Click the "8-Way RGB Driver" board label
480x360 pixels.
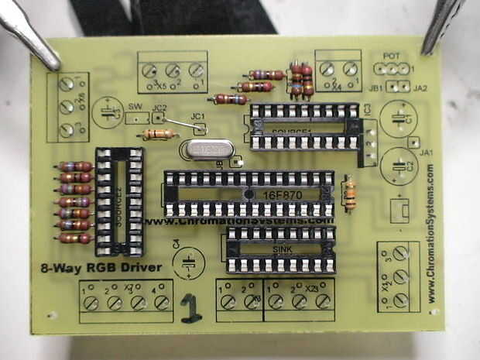point(101,268)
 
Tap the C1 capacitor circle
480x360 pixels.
point(401,118)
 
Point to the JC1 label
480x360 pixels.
point(197,115)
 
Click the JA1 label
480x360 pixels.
point(424,153)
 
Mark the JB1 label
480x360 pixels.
point(376,89)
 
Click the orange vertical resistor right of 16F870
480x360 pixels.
point(349,194)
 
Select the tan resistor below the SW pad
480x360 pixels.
point(160,134)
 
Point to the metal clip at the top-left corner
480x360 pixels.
point(31,35)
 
